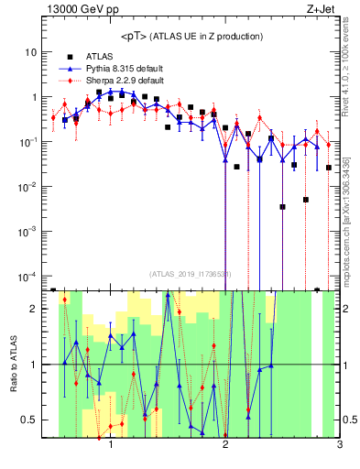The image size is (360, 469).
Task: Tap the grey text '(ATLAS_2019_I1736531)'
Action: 191,274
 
